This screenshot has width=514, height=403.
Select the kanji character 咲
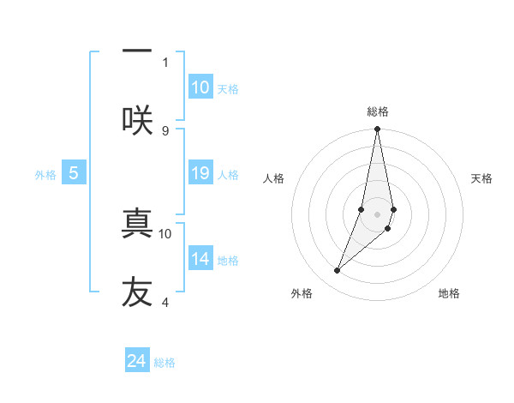137,120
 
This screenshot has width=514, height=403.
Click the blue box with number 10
200,87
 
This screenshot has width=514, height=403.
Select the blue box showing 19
200,174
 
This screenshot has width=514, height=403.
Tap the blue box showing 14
200,259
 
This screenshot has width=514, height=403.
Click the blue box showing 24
137,361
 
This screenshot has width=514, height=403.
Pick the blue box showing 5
74,174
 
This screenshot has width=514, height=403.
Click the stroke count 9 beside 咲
165,130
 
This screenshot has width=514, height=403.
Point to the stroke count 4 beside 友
165,302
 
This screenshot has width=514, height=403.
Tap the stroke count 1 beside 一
165,62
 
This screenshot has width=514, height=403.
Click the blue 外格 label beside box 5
45,175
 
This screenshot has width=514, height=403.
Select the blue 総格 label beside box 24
164,363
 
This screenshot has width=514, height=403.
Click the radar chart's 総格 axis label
377,111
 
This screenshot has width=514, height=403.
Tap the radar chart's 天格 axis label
481,178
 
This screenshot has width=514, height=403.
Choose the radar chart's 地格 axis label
449,293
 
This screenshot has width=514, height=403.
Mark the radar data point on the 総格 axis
377,129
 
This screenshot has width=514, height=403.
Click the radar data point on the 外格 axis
337,271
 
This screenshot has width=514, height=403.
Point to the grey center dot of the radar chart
377,214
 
